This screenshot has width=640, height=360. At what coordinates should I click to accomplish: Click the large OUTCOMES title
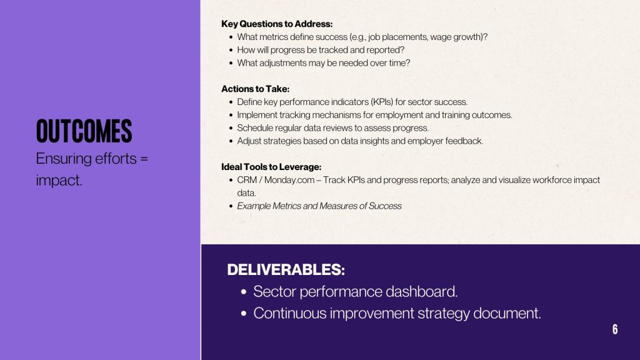(84, 131)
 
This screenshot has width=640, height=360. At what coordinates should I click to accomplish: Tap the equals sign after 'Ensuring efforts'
(144, 158)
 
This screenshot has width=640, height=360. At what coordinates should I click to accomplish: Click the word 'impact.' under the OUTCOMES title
(59, 180)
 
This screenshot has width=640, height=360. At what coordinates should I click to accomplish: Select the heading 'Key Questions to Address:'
(277, 24)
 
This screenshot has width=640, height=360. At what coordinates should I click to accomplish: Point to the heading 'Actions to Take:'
(255, 89)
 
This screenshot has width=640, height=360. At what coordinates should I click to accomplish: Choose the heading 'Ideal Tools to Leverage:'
(271, 166)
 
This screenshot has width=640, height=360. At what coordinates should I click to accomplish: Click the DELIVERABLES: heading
(286, 269)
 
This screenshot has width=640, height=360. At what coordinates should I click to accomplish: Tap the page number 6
(615, 329)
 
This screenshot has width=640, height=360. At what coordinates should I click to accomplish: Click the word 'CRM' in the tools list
(247, 180)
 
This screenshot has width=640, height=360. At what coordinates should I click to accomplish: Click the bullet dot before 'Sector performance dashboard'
(244, 292)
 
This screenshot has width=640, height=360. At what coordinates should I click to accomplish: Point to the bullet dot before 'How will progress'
(231, 50)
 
